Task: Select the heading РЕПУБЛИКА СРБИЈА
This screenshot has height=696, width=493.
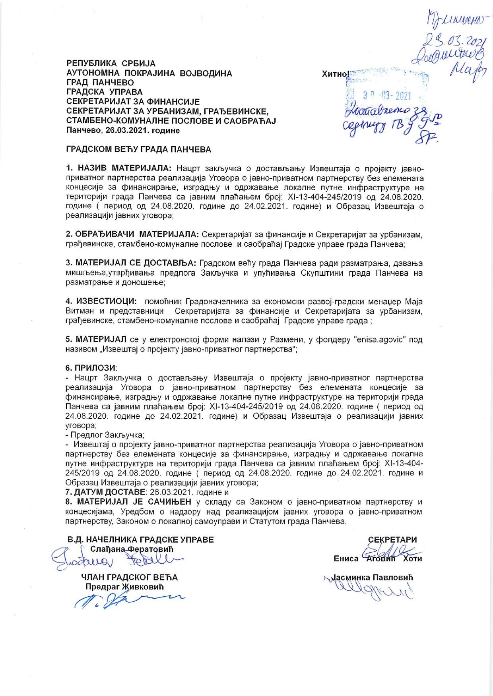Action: (111, 64)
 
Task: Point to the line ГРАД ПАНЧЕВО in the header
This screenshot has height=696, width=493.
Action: (100, 83)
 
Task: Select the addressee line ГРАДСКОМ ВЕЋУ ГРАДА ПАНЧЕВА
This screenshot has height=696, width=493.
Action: (138, 150)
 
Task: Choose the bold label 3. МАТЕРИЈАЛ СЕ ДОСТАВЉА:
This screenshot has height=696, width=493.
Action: (131, 264)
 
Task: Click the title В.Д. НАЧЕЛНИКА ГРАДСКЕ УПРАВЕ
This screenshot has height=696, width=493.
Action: (140, 539)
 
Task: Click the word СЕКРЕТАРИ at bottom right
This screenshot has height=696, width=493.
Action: (393, 539)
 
